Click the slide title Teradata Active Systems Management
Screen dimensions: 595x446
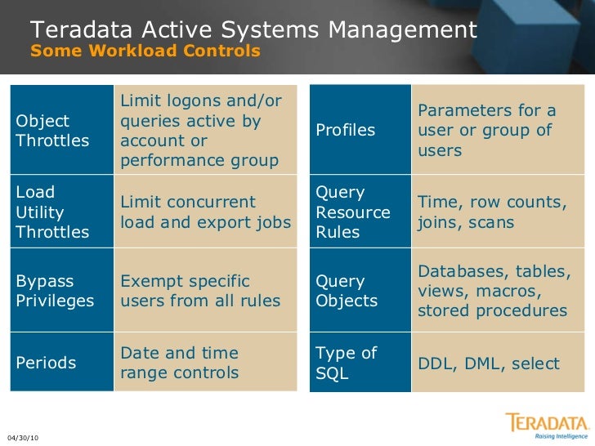point(253,30)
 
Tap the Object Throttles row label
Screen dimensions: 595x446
point(53,131)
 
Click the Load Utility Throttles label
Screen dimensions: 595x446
point(53,212)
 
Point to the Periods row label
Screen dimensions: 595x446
point(47,363)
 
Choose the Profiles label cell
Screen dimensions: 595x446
point(345,131)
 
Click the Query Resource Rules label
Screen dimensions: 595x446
point(353,212)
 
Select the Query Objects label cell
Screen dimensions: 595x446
point(347,292)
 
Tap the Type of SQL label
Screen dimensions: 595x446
point(347,363)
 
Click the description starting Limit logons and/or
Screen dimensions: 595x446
point(201,131)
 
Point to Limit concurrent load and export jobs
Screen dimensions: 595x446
point(205,212)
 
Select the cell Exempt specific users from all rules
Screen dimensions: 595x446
point(200,292)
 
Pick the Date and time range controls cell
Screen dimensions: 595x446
point(180,363)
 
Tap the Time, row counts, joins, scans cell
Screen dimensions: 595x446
point(492,212)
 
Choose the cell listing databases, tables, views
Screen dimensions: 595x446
point(494,292)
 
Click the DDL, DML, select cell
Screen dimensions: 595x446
point(489,363)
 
